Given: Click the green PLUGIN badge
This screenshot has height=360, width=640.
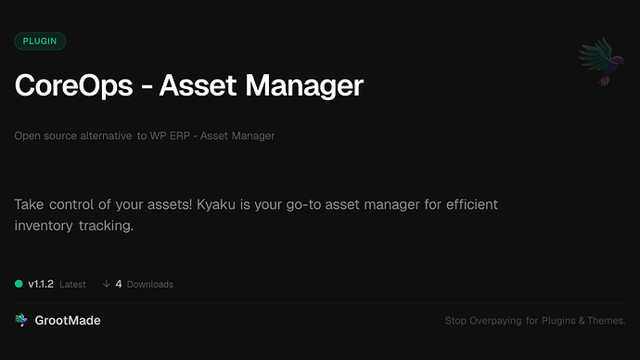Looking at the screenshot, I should point(40,41).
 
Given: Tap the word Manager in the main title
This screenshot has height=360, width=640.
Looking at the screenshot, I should point(306,86).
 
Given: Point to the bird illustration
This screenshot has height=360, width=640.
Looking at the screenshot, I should point(597,62).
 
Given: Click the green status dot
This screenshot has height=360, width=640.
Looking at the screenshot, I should point(19,284).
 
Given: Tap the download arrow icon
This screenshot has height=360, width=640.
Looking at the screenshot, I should point(107,284).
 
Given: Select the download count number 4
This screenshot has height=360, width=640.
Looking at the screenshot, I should point(119,284).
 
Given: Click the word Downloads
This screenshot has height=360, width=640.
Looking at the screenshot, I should point(149,284).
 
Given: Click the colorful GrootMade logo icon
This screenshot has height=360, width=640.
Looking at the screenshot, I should point(20,320).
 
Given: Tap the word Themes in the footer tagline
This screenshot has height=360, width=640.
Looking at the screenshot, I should point(604,321).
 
